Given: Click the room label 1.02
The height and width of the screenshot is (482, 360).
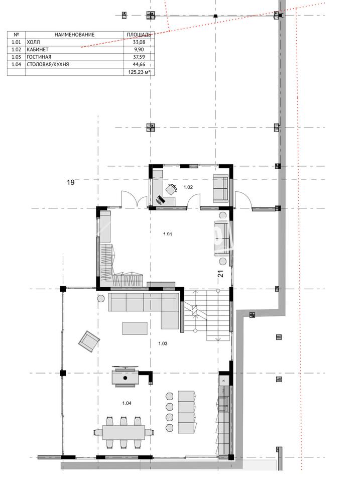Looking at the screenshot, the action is (x=188, y=187).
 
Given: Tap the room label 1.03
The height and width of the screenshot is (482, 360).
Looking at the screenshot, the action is (x=163, y=343).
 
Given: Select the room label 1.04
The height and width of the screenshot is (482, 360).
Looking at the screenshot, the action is (x=127, y=403).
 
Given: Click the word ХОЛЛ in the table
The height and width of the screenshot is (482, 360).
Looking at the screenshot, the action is (x=33, y=42).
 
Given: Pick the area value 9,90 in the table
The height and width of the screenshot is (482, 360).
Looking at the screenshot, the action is (x=139, y=50).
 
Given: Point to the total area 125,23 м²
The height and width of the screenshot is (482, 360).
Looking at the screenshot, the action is (x=139, y=72).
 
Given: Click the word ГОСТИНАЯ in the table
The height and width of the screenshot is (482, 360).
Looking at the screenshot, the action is (x=39, y=57).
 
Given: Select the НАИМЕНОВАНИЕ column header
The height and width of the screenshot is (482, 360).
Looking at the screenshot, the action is (x=74, y=35).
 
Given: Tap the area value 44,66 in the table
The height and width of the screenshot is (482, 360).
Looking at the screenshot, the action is (x=139, y=64).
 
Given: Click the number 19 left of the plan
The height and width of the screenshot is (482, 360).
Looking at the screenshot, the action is (x=71, y=182).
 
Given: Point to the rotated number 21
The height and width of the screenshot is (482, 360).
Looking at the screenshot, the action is (x=221, y=274).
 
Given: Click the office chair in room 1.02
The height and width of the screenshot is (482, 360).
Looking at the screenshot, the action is (x=172, y=188).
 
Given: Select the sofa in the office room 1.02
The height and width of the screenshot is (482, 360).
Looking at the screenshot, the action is (x=221, y=188).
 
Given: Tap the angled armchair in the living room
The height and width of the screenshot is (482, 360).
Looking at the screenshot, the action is (x=89, y=341).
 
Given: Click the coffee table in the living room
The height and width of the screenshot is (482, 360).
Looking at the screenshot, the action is (x=135, y=328).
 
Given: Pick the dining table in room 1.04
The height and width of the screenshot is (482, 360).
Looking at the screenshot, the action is (x=124, y=432).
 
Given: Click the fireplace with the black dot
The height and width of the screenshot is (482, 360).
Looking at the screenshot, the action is (x=125, y=378).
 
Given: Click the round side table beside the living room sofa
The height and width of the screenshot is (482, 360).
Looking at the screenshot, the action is (x=100, y=298).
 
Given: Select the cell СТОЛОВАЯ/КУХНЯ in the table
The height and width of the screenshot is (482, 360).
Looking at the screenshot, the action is (x=48, y=64).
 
